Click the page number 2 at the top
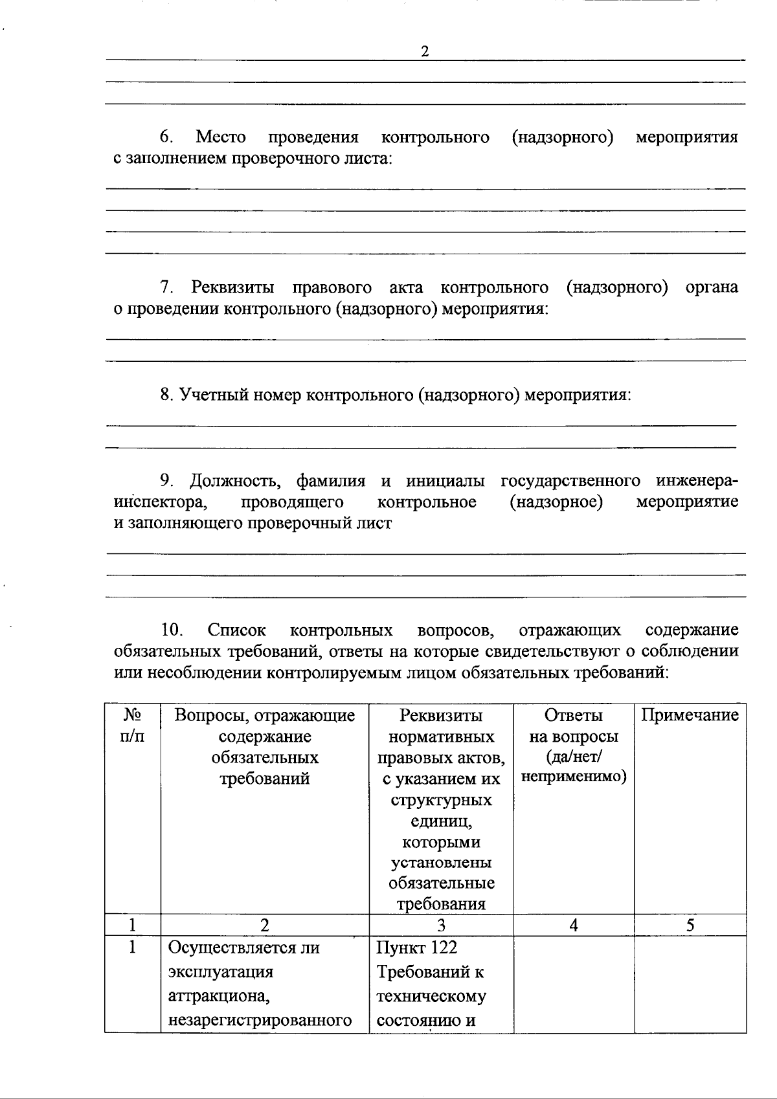coord(425,52)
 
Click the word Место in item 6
coord(221,137)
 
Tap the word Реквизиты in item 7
coord(232,287)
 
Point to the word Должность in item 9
coord(235,481)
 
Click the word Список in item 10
coord(236,630)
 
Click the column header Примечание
coord(690,715)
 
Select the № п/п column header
coord(132,726)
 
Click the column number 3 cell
coord(441,925)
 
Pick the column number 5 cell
coord(690,925)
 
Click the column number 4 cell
coord(573,925)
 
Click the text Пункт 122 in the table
coord(416,948)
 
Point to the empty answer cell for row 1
coord(573,984)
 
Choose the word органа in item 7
coord(711,287)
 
